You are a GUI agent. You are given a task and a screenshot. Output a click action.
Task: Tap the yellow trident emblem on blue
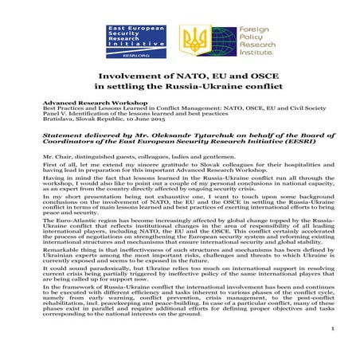click(193, 40)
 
